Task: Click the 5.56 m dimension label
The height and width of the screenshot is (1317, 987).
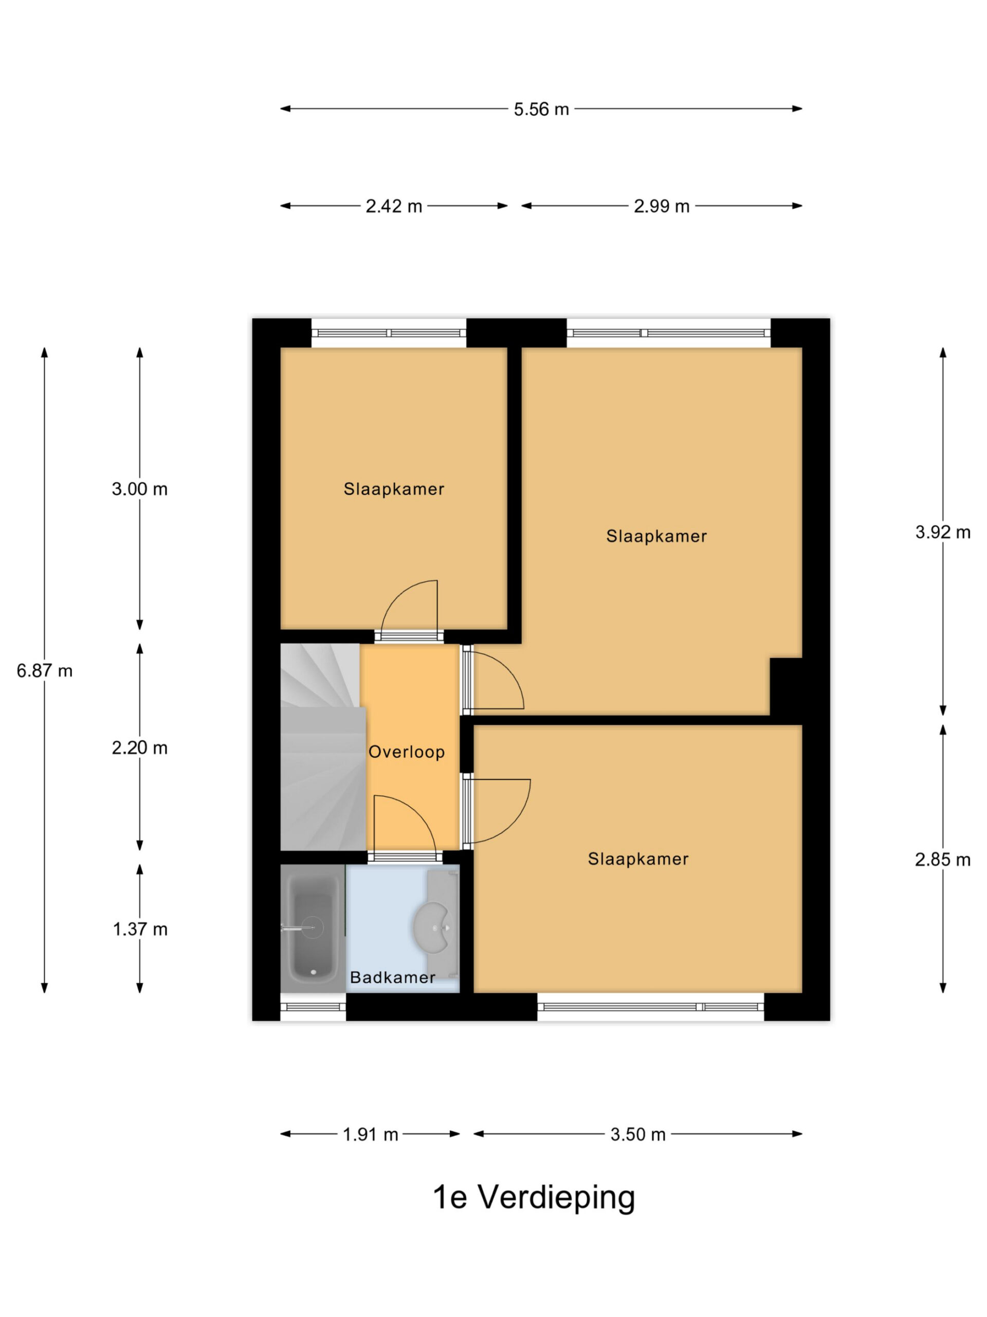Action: tap(541, 109)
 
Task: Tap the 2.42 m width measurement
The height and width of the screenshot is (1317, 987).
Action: tap(393, 206)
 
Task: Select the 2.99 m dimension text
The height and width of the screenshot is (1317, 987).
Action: tap(661, 206)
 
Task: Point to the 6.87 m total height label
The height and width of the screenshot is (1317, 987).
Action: tap(45, 671)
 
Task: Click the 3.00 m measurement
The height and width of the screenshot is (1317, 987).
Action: tap(140, 489)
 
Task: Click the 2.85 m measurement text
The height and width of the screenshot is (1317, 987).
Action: tap(943, 859)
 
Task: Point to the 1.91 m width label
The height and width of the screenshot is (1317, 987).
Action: tap(370, 1134)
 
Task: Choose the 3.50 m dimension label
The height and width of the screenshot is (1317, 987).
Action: tap(638, 1134)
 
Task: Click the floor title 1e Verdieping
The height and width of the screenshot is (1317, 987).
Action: tap(534, 1199)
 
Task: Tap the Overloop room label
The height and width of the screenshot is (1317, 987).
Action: tap(406, 752)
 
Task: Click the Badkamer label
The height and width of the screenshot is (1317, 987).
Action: tap(393, 977)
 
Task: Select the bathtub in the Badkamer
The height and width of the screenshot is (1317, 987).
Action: tap(313, 928)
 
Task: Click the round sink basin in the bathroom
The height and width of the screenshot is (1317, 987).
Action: tap(432, 927)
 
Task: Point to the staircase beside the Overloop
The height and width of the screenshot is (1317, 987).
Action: tap(323, 747)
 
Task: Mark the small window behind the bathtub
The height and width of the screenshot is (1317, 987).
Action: tap(313, 1007)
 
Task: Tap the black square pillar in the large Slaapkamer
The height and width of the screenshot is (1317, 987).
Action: tap(786, 686)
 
